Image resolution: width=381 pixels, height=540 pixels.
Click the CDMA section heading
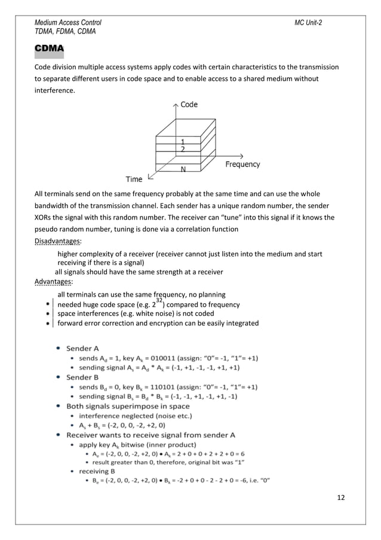(x=50, y=47)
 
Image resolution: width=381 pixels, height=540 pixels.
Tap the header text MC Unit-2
(x=309, y=22)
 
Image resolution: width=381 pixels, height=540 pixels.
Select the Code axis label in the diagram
(x=189, y=105)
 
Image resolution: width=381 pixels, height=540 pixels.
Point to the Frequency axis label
(x=242, y=164)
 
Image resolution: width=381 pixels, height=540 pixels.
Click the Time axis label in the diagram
(x=134, y=179)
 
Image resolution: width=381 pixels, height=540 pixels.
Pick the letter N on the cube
(x=182, y=169)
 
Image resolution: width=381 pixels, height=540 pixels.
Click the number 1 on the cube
(x=182, y=141)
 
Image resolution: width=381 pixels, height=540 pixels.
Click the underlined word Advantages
(x=53, y=282)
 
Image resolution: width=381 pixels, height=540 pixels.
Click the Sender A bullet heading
(x=82, y=347)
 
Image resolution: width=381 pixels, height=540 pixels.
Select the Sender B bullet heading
(x=82, y=377)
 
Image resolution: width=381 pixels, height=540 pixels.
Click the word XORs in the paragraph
(x=45, y=217)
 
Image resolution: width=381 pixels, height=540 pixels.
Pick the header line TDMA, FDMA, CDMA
(x=66, y=31)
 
